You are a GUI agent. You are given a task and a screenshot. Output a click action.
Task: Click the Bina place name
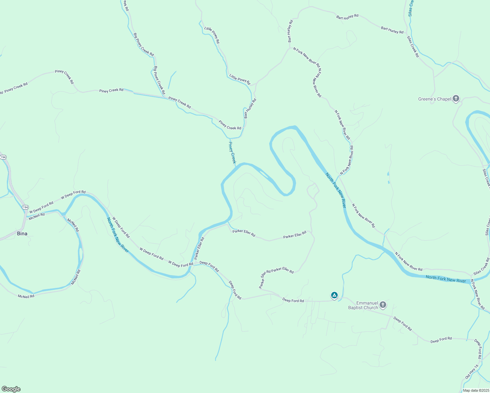tap(22, 234)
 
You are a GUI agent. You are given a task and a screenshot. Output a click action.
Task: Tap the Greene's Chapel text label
tap(435, 99)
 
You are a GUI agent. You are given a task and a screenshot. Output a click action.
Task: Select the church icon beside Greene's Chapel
tap(456, 99)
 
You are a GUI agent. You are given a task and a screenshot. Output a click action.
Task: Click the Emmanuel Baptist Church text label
tap(363, 305)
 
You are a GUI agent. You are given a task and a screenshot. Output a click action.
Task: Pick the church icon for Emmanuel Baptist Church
tap(383, 305)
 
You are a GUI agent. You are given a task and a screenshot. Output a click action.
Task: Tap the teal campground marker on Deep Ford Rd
tap(334, 295)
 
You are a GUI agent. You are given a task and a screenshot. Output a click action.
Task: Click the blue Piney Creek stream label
tap(232, 153)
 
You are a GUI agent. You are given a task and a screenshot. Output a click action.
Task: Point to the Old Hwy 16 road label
tap(472, 372)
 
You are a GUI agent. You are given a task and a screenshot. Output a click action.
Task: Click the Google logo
tap(11, 389)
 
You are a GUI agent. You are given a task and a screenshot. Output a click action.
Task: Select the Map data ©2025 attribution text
tap(476, 390)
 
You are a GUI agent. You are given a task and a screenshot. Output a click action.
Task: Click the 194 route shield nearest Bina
tap(25, 207)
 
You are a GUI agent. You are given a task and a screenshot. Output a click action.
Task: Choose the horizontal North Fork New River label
tap(446, 279)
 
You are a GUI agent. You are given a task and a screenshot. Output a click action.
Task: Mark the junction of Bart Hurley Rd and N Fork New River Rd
tap(290, 48)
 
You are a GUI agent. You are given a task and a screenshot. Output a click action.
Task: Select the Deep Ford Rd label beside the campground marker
tap(293, 300)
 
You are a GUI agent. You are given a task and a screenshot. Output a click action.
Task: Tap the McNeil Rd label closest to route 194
tap(37, 216)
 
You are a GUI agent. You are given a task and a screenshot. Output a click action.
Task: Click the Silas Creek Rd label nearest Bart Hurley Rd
tap(413, 47)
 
